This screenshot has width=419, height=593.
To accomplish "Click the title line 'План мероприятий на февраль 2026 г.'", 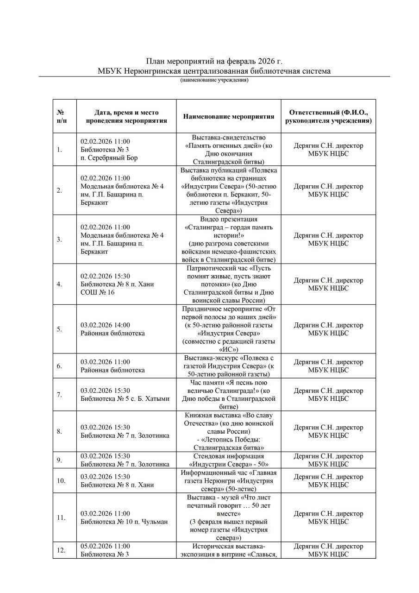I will pos(214,62).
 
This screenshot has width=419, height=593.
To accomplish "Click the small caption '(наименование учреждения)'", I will pos(214,80).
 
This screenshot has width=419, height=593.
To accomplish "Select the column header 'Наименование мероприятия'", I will pos(229,116).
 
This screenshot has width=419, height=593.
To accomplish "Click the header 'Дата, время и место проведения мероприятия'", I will pos(126,116).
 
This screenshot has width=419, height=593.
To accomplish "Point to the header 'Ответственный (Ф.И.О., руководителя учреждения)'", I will pos(328,116).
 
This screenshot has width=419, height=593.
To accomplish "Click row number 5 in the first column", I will pos(60,329).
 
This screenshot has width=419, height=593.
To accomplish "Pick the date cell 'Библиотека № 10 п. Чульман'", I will pos(124,517).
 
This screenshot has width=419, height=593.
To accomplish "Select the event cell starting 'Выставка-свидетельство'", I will pos(229,150).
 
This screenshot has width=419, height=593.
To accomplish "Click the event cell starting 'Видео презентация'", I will pos(229,239).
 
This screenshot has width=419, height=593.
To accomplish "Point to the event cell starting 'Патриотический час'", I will pos(229,284).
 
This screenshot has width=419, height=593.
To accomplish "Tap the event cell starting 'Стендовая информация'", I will pos(229,460).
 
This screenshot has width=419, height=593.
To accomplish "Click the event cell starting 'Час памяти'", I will pos(229,394).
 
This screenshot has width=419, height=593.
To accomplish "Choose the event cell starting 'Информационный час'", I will pos(229,480).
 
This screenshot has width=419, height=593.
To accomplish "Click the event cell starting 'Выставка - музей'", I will pos(229,517).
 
